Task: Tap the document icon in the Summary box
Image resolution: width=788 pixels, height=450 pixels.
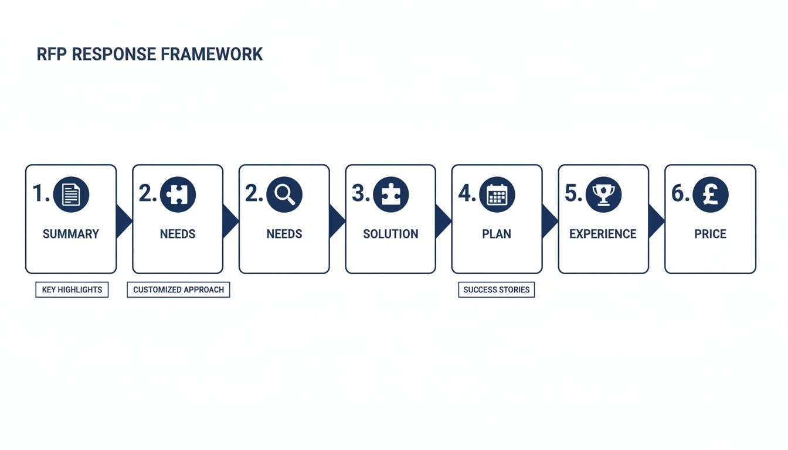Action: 71,195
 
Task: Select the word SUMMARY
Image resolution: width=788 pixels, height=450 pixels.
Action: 71,234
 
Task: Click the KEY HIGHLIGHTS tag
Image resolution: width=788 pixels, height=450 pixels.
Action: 72,289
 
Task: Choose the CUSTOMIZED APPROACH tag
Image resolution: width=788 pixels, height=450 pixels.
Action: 178,289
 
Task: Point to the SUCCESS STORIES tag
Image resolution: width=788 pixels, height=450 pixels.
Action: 496,289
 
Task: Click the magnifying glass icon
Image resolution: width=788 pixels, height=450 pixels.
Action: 284,195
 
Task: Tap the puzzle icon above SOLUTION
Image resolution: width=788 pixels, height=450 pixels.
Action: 390,195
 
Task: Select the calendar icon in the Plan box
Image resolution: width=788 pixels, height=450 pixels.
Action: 497,195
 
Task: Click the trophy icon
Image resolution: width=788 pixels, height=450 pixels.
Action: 604,195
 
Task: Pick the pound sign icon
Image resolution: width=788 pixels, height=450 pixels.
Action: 710,195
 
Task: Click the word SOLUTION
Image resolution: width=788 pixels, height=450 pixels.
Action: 390,234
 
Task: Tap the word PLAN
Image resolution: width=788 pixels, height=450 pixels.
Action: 497,234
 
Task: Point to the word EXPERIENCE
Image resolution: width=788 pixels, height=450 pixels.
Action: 603,234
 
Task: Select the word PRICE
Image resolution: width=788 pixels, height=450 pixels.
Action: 710,234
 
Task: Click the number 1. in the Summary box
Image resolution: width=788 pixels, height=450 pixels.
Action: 41,194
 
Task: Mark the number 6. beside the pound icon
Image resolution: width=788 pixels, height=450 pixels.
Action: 680,194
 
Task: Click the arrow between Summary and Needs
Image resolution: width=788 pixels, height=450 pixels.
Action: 123,221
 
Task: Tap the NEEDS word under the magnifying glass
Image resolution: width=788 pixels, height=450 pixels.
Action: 284,234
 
